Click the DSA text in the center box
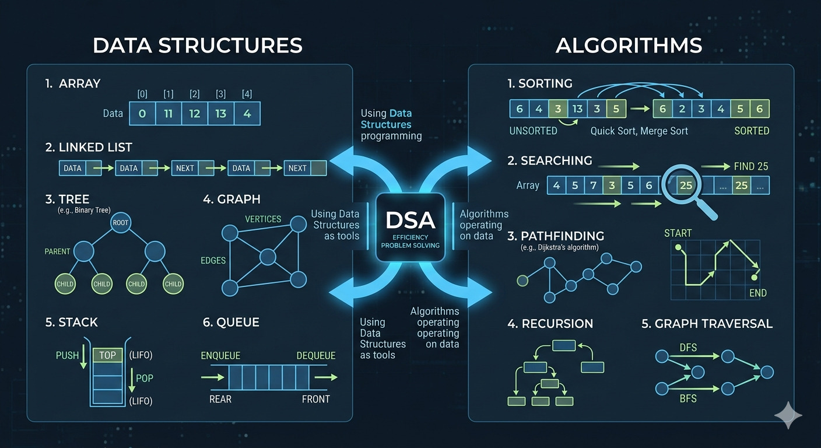point(409,220)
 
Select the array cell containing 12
point(194,114)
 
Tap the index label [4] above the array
point(247,94)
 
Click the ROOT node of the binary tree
point(121,222)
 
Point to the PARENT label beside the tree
point(57,251)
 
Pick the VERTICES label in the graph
point(263,219)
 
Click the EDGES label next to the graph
point(213,260)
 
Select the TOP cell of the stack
point(107,355)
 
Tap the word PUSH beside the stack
point(67,355)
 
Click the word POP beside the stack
point(144,378)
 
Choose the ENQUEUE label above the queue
point(220,356)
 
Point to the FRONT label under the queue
point(315,399)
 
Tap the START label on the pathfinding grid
point(678,233)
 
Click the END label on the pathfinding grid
point(758,293)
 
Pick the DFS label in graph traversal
point(688,348)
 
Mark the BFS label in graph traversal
point(688,399)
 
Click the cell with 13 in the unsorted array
point(577,109)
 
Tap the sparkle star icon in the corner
point(788,415)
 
